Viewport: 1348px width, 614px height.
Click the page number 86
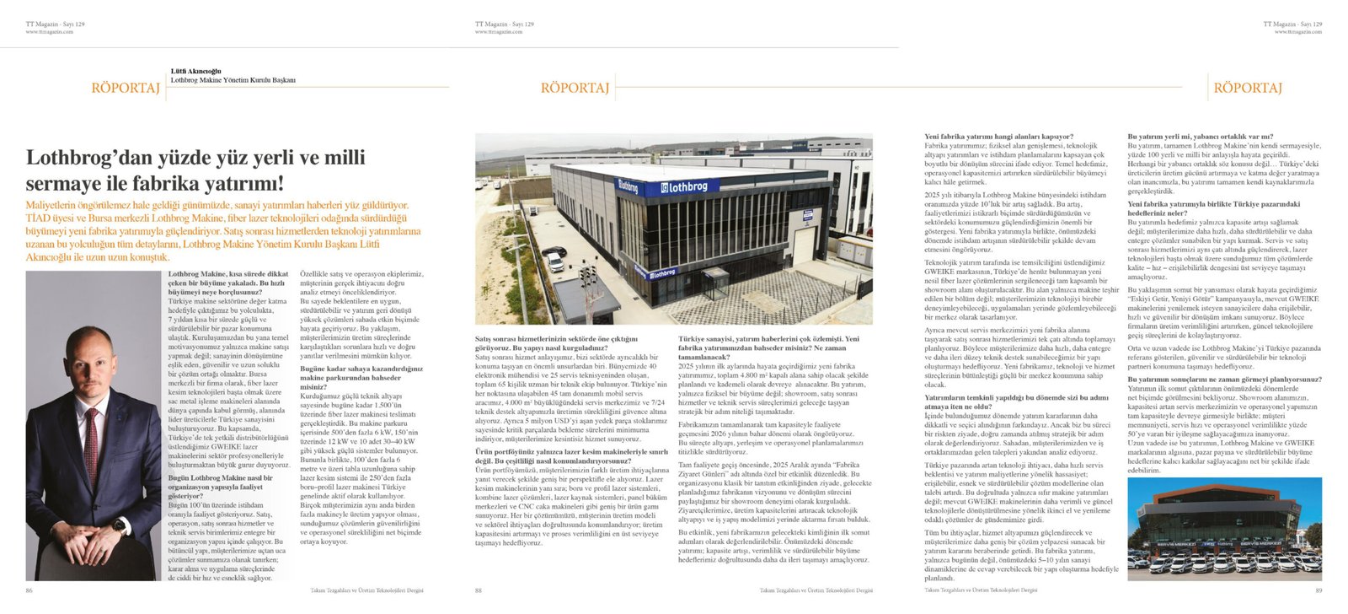pos(29,590)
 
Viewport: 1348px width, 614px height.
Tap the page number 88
pos(479,590)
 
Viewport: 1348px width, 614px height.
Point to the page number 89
pos(1317,590)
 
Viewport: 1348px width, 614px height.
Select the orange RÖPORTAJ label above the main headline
pos(126,88)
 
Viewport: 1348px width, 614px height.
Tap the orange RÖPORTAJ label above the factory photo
pos(575,88)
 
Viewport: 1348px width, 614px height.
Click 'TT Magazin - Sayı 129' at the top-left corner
pos(55,24)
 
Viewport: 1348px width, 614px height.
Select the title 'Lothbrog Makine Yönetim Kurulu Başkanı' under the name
pos(233,80)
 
